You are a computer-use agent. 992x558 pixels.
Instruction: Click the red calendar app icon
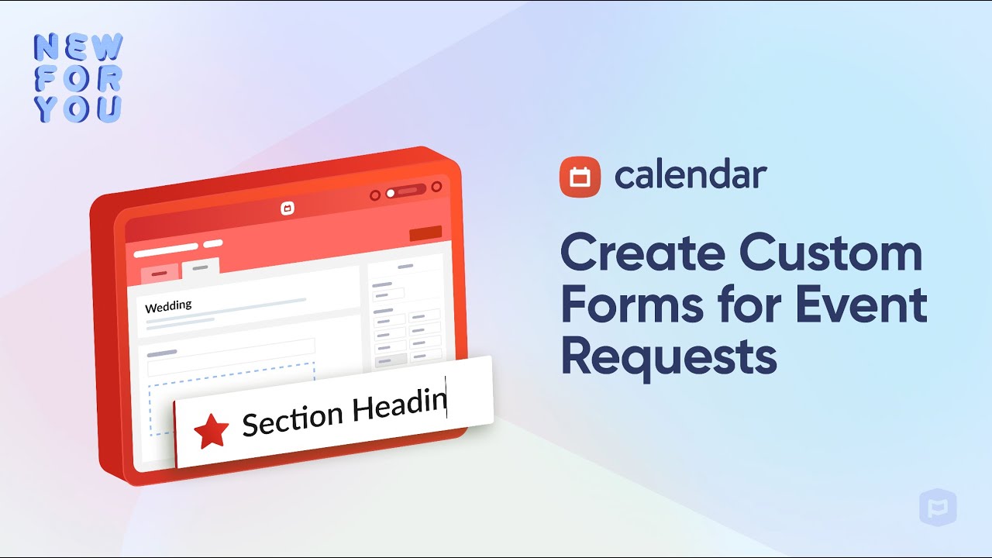(580, 177)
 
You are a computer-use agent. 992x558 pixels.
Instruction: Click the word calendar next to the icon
(691, 176)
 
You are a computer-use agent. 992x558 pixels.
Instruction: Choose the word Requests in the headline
(668, 357)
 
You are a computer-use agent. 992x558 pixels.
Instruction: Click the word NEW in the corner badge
(78, 47)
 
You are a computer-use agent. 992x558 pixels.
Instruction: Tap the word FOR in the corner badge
(78, 78)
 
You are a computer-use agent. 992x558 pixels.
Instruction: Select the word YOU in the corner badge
(78, 108)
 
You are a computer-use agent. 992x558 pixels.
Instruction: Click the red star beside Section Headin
(211, 431)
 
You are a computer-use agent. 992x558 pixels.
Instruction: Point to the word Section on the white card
(293, 418)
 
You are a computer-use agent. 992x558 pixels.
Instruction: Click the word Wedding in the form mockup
(168, 305)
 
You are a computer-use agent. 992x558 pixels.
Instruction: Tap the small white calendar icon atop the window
(287, 208)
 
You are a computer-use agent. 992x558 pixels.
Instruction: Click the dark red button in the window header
(425, 232)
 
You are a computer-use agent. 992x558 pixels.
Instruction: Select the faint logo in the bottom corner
(938, 508)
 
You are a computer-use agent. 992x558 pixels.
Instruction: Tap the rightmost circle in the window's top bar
(436, 187)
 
